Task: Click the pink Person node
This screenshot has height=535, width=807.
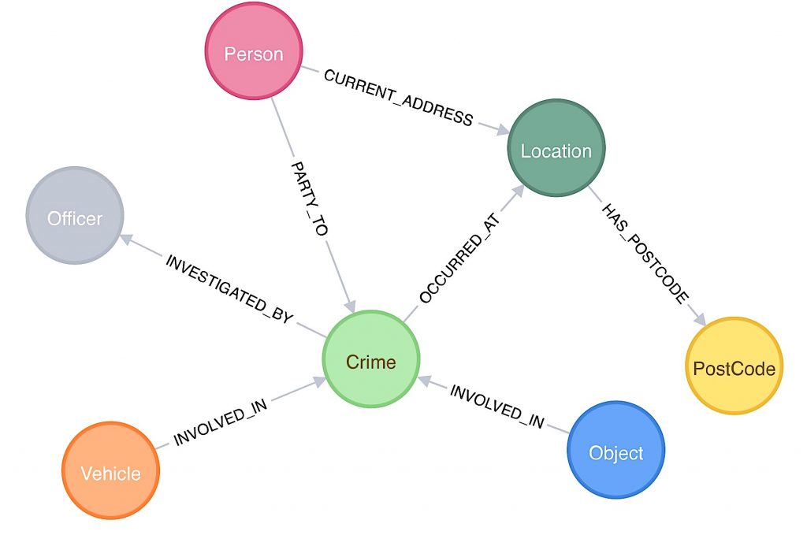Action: point(253,54)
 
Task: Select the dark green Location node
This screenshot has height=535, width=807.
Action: point(556,150)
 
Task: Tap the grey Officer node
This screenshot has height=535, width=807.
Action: point(75,217)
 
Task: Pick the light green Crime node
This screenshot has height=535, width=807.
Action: point(370,362)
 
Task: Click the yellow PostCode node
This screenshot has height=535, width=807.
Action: point(734,368)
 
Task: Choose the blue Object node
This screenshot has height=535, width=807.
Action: point(615,452)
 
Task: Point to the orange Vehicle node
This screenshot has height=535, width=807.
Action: point(110,473)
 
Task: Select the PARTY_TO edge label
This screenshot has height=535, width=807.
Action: point(308,199)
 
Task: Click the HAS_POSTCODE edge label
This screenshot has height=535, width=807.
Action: point(645,252)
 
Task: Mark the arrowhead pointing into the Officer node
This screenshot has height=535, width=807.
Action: point(128,242)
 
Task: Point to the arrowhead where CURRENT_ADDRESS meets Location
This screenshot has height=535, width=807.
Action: point(502,130)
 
